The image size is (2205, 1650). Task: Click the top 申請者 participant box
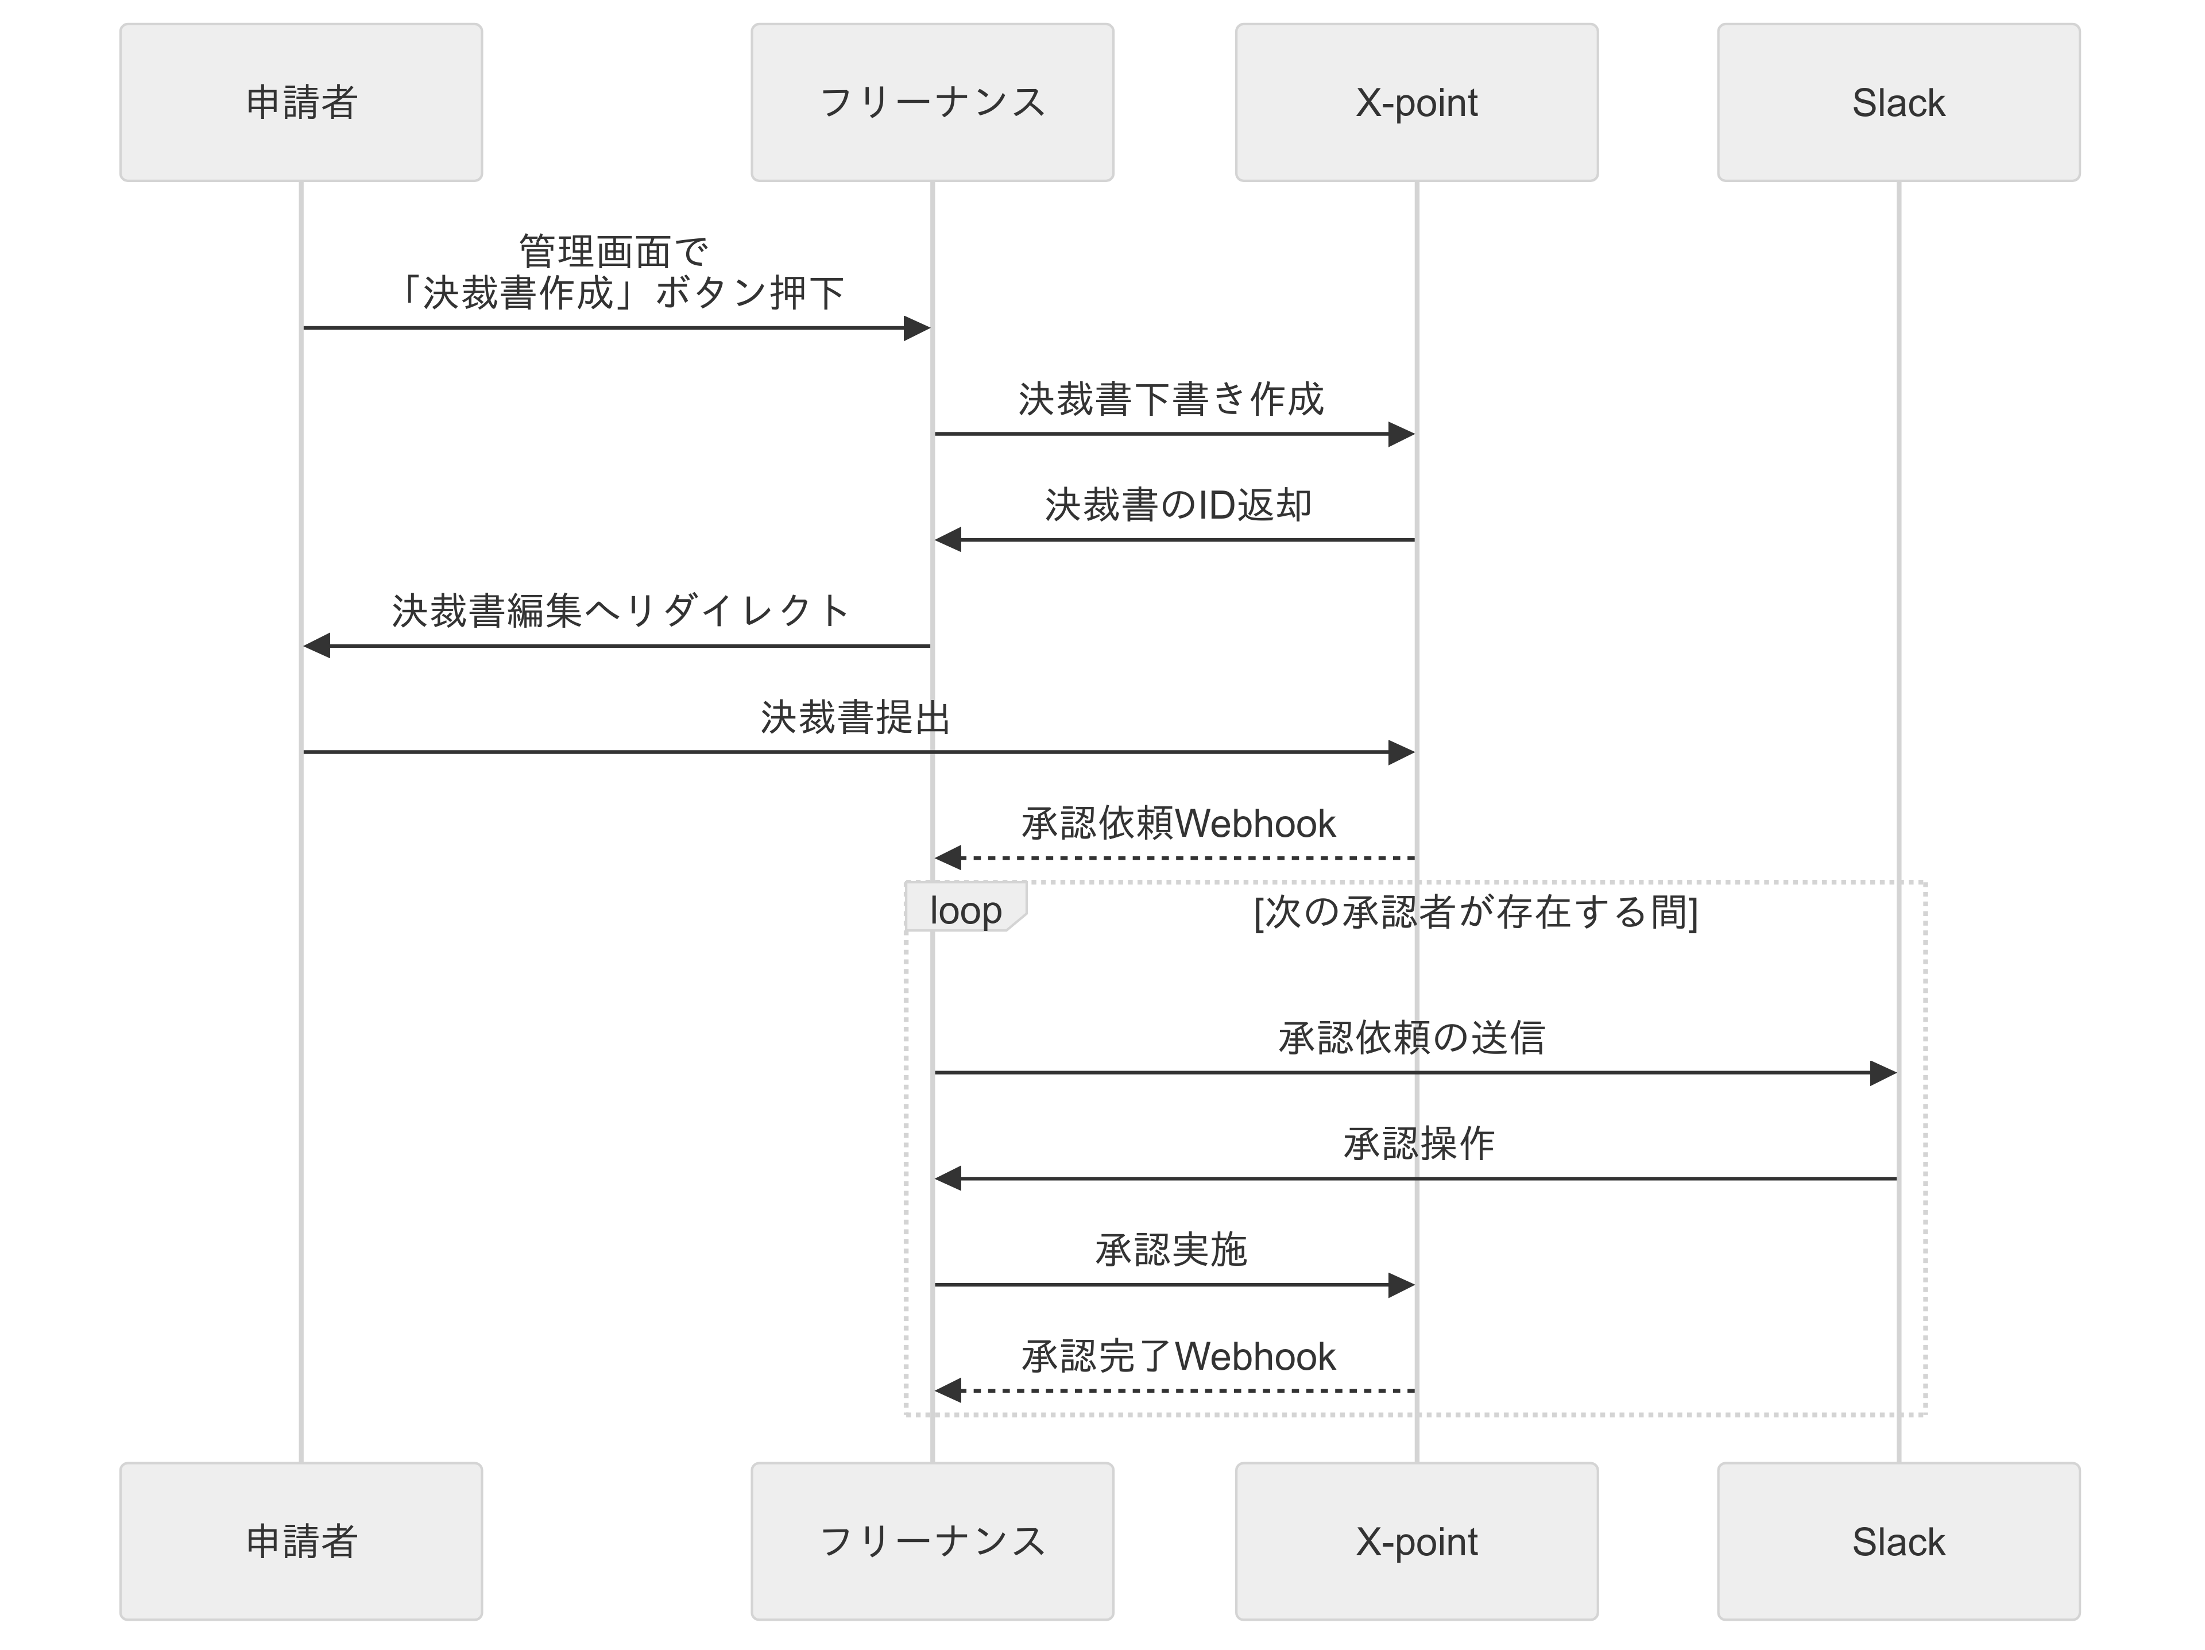click(x=300, y=103)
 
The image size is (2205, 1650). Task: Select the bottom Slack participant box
click(x=1897, y=1541)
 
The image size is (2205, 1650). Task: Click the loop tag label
click(x=964, y=910)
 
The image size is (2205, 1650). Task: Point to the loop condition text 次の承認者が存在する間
click(x=1475, y=912)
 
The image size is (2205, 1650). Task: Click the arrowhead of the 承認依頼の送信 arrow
click(x=1883, y=1073)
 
